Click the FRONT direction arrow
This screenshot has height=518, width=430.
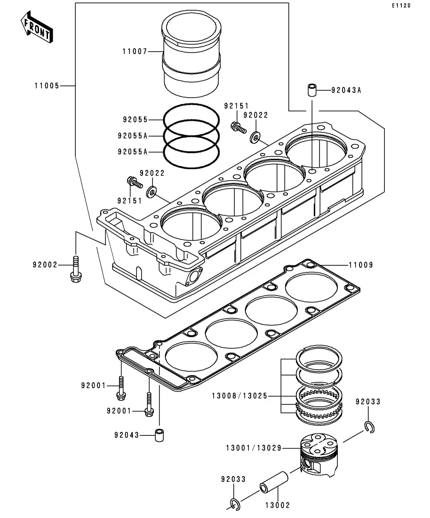[x=37, y=27]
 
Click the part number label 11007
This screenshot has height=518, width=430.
[x=135, y=52]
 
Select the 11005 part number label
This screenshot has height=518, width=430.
[x=47, y=86]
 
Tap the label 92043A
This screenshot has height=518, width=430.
[x=346, y=90]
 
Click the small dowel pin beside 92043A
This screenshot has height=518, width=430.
[x=311, y=90]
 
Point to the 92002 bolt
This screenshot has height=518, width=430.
[x=76, y=269]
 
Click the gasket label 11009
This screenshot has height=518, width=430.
[x=361, y=265]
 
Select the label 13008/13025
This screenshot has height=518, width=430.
[x=239, y=396]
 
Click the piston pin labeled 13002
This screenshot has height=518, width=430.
[x=274, y=482]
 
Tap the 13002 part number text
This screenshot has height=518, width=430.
[x=278, y=505]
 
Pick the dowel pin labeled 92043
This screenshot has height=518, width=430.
[x=159, y=435]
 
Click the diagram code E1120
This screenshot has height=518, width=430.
[x=401, y=6]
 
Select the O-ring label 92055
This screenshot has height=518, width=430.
[x=135, y=120]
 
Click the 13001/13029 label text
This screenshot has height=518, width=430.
[x=254, y=448]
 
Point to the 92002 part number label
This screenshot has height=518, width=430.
[x=45, y=265]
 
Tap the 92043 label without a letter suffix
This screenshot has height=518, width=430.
[x=127, y=435]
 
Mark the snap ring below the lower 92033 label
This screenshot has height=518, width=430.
[x=235, y=504]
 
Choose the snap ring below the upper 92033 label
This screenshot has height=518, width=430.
[x=370, y=427]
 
